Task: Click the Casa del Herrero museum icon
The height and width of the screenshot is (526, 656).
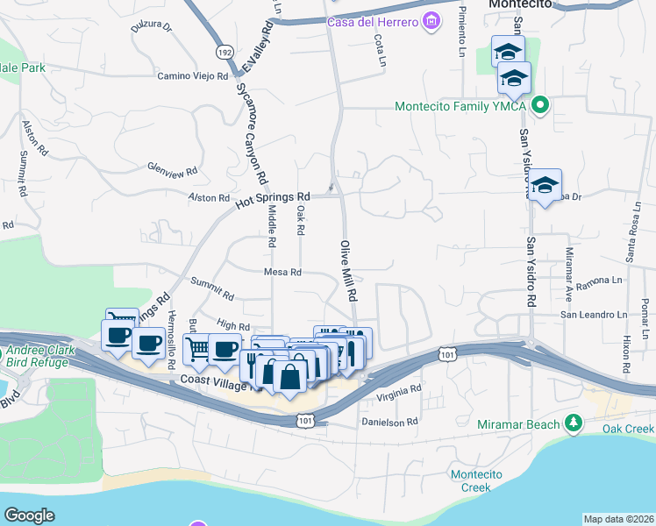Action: [431, 20]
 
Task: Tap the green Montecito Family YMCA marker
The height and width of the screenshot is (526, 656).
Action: [541, 106]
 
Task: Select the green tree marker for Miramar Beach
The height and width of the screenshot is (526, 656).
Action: [574, 424]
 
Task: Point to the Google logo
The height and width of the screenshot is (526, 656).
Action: [29, 515]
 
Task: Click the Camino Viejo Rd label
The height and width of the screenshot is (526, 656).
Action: [192, 76]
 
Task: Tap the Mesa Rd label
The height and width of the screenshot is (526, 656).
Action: [282, 272]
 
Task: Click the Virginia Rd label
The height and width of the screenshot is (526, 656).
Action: [399, 389]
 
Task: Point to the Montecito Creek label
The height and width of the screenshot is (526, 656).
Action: [475, 480]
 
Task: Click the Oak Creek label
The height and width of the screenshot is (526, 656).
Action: [628, 429]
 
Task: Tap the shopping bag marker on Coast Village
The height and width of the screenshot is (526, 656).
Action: [289, 377]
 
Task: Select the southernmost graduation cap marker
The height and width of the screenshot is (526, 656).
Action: [545, 185]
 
